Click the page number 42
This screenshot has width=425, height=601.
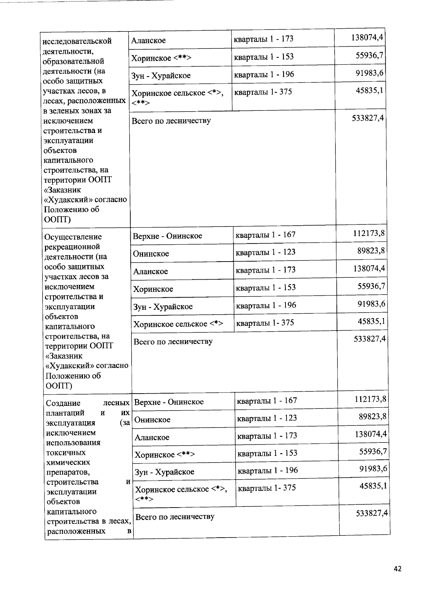click(x=397, y=569)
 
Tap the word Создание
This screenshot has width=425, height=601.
click(x=63, y=403)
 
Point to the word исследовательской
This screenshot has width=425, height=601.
click(x=77, y=41)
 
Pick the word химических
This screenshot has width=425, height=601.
click(x=68, y=463)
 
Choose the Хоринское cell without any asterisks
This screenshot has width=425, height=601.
click(x=153, y=289)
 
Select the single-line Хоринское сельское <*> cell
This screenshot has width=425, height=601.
click(x=178, y=324)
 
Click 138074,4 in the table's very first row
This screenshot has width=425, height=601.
click(x=367, y=38)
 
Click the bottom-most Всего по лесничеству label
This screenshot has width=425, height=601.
click(x=175, y=517)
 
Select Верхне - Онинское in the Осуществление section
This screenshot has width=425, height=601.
click(x=167, y=236)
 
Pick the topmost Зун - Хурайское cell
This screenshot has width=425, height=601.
click(x=161, y=76)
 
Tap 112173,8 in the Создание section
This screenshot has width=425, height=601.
click(x=370, y=399)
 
